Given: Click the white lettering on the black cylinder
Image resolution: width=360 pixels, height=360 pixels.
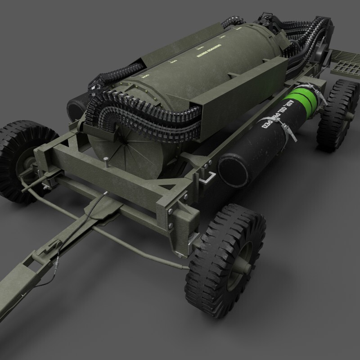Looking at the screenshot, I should (276, 117).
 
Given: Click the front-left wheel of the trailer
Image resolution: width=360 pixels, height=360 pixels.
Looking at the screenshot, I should (25, 157).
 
